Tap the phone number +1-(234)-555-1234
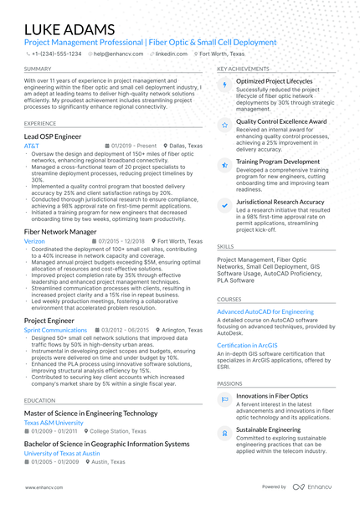click(x=57, y=53)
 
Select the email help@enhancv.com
click(x=116, y=53)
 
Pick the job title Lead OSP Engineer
click(x=53, y=135)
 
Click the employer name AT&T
click(x=32, y=146)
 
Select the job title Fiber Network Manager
click(x=60, y=230)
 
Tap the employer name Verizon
click(x=34, y=241)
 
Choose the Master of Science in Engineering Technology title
click(x=90, y=413)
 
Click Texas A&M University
click(x=54, y=423)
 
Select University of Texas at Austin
click(x=62, y=453)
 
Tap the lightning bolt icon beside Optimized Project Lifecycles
click(x=224, y=85)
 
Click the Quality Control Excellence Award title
click(x=280, y=121)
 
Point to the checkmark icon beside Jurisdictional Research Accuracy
click(x=224, y=204)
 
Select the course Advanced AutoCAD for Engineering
click(x=265, y=311)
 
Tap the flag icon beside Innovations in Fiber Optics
click(x=224, y=399)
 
